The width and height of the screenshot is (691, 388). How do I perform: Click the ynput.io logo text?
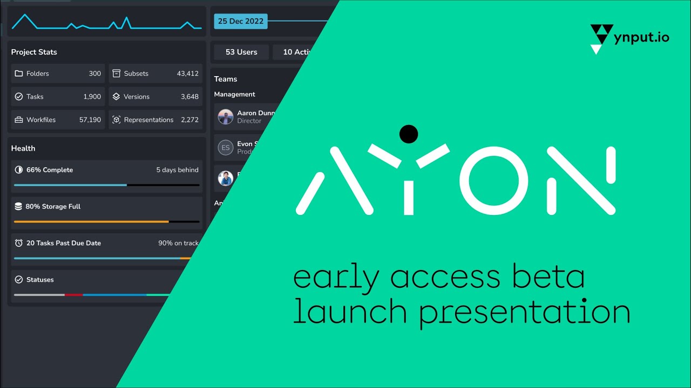click(x=641, y=37)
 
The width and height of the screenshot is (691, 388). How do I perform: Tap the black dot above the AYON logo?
click(x=409, y=134)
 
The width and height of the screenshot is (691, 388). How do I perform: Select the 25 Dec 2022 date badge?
click(x=241, y=22)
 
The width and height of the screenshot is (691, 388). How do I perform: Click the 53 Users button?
click(x=241, y=52)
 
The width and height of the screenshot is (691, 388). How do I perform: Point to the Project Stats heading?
click(x=34, y=52)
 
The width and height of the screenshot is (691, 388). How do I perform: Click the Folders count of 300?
click(x=95, y=74)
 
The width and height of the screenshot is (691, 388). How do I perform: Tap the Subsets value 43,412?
click(x=187, y=74)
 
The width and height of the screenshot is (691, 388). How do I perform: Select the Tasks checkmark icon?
click(x=19, y=97)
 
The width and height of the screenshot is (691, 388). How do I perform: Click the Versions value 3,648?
click(x=189, y=97)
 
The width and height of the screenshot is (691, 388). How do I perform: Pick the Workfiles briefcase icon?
click(x=19, y=120)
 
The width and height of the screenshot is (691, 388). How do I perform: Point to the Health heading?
click(x=23, y=149)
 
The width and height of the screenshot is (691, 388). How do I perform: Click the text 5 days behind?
click(x=177, y=170)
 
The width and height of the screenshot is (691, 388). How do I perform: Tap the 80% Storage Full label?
click(x=53, y=207)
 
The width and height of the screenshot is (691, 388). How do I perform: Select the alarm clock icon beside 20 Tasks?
click(x=19, y=244)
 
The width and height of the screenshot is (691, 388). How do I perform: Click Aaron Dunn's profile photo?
click(x=226, y=117)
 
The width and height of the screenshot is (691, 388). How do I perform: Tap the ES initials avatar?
click(x=226, y=148)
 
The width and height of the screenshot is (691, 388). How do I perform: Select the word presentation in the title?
click(x=525, y=313)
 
